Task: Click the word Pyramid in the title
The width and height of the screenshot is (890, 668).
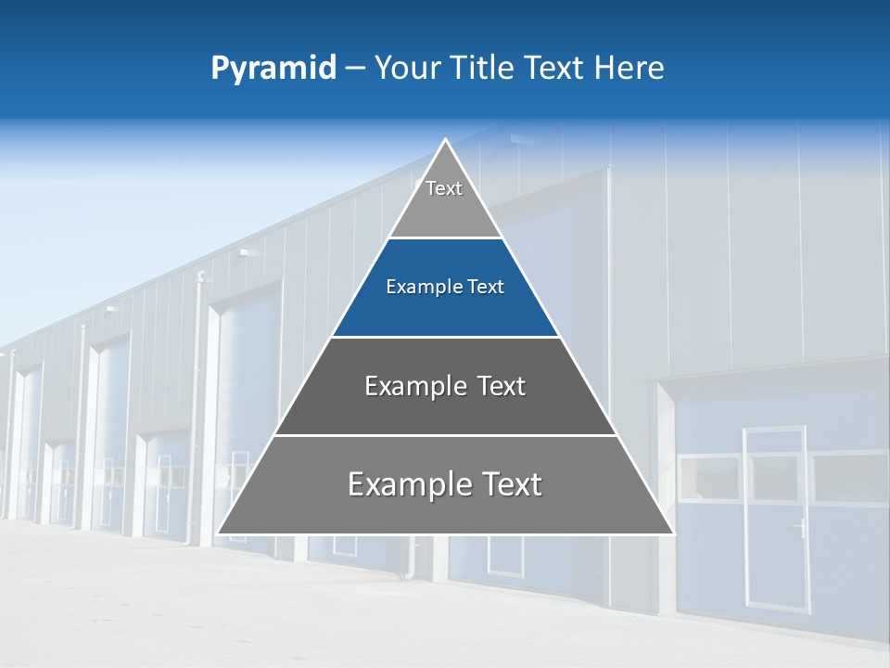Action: pyautogui.click(x=273, y=69)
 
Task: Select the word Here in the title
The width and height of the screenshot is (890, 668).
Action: pyautogui.click(x=629, y=69)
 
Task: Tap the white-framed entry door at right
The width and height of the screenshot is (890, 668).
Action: pyautogui.click(x=777, y=520)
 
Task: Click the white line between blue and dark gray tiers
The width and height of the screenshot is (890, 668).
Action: pyautogui.click(x=445, y=337)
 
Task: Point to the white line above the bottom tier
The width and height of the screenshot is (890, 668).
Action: pyautogui.click(x=445, y=435)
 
